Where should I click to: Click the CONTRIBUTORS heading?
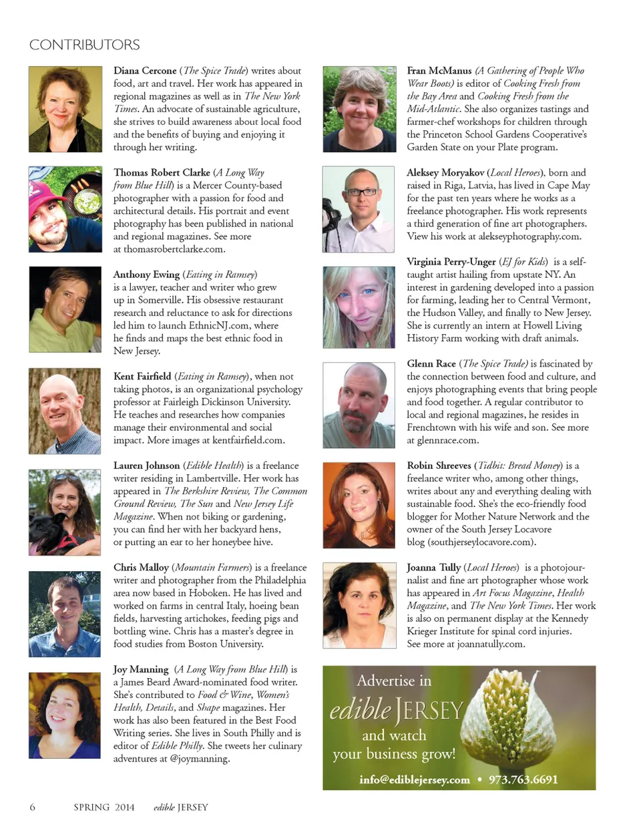84,45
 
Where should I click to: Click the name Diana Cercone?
145,70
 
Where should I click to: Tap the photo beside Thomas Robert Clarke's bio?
65,209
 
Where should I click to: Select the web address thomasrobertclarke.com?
174,249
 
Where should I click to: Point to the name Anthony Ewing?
146,274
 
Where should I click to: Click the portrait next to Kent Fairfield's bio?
65,411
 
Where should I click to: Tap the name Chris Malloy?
141,567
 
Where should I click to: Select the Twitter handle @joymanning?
200,759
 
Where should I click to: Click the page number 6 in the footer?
32,807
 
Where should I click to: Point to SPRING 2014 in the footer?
103,807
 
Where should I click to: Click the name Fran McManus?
439,70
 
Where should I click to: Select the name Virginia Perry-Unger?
451,261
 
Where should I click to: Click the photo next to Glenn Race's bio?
359,405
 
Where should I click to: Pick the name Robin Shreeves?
439,465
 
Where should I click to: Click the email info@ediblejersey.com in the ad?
414,780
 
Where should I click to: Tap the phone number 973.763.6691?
523,780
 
